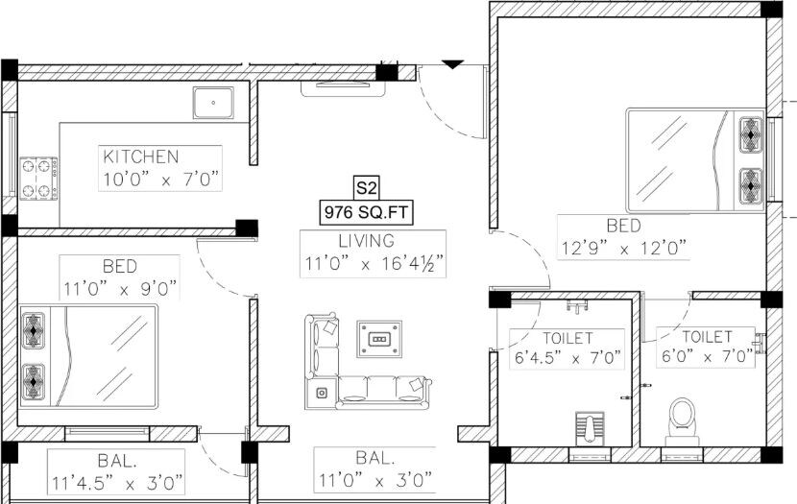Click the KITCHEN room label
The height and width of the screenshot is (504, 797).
(x=141, y=156)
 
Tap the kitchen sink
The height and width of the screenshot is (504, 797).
(x=213, y=103)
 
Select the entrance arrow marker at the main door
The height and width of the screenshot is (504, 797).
(x=452, y=64)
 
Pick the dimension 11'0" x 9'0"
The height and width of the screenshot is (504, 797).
(x=120, y=287)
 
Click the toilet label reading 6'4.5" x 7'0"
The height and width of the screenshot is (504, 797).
(x=567, y=359)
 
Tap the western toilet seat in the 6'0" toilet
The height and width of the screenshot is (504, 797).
(x=683, y=417)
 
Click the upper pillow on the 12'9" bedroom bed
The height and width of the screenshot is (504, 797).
(x=749, y=135)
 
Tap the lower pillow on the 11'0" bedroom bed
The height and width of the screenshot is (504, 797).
(x=35, y=379)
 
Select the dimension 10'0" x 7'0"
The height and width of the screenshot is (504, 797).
(x=161, y=179)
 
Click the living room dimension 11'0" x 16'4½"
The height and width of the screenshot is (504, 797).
(x=375, y=262)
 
